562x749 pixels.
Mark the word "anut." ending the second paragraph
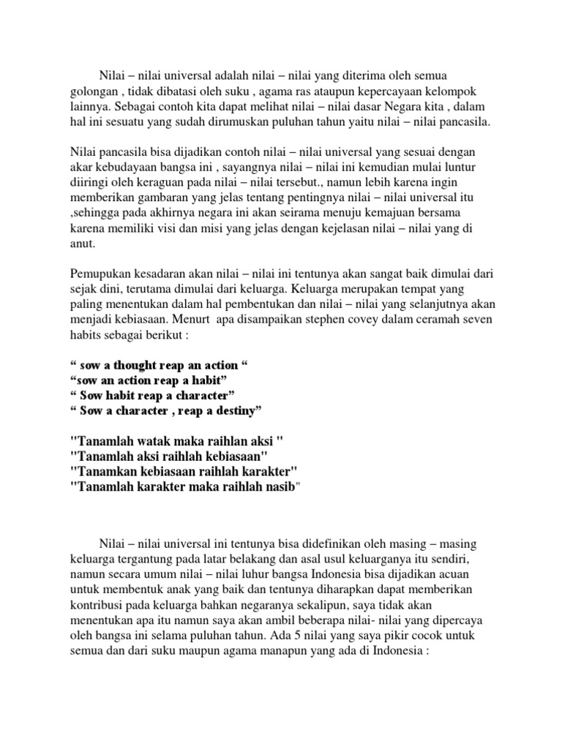pos(83,244)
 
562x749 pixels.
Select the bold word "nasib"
pos(273,489)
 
